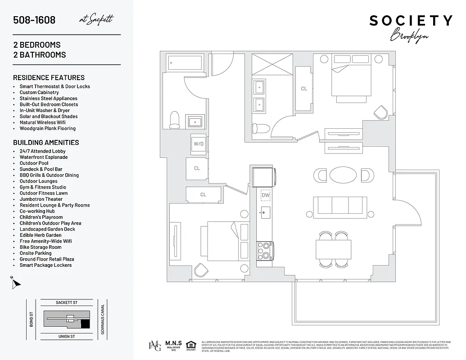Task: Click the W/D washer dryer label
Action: click(x=198, y=144)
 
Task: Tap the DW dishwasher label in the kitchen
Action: click(x=266, y=195)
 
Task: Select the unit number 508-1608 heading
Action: click(x=34, y=20)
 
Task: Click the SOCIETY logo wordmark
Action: click(x=411, y=21)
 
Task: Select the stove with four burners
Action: click(x=263, y=250)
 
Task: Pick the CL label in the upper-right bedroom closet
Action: click(x=304, y=89)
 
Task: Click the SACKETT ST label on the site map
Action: click(x=67, y=303)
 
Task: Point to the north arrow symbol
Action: click(x=16, y=283)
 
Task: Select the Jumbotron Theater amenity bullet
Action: click(x=41, y=199)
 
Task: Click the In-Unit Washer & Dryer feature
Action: click(x=45, y=110)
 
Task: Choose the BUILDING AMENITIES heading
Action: click(x=46, y=143)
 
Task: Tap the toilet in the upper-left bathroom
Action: click(x=175, y=119)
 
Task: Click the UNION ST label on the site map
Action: click(x=67, y=336)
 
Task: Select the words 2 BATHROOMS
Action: click(x=40, y=55)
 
